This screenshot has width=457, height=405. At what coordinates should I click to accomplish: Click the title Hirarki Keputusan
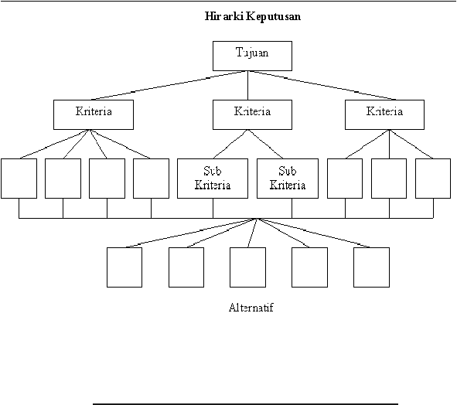252,16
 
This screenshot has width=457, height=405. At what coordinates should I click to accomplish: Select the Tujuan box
252,56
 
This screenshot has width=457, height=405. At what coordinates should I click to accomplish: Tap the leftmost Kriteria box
94,115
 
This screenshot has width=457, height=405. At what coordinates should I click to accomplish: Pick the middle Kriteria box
252,115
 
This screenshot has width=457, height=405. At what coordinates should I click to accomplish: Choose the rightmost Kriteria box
385,115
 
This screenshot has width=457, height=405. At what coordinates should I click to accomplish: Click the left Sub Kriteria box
213,179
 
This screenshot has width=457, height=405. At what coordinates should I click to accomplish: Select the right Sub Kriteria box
288,179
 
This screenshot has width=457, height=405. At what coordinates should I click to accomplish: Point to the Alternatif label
251,308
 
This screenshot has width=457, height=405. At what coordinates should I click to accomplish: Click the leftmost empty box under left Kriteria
19,179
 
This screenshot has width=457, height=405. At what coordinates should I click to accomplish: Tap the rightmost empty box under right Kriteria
433,179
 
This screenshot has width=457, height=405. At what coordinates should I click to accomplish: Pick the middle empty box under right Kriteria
389,179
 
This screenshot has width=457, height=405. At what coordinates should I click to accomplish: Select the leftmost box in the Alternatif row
124,267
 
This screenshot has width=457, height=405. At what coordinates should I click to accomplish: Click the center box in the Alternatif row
247,267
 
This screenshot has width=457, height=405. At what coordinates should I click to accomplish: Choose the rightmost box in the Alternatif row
372,267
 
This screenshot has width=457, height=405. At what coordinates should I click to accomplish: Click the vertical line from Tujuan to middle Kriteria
247,85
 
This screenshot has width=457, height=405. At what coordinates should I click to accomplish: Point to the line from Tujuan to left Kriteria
169,85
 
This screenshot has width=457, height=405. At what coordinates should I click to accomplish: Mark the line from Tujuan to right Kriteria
322,85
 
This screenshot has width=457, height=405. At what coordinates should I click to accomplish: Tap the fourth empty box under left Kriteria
151,179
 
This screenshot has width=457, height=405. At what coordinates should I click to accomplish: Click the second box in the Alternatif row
186,267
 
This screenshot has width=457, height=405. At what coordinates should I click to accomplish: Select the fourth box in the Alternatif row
309,267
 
